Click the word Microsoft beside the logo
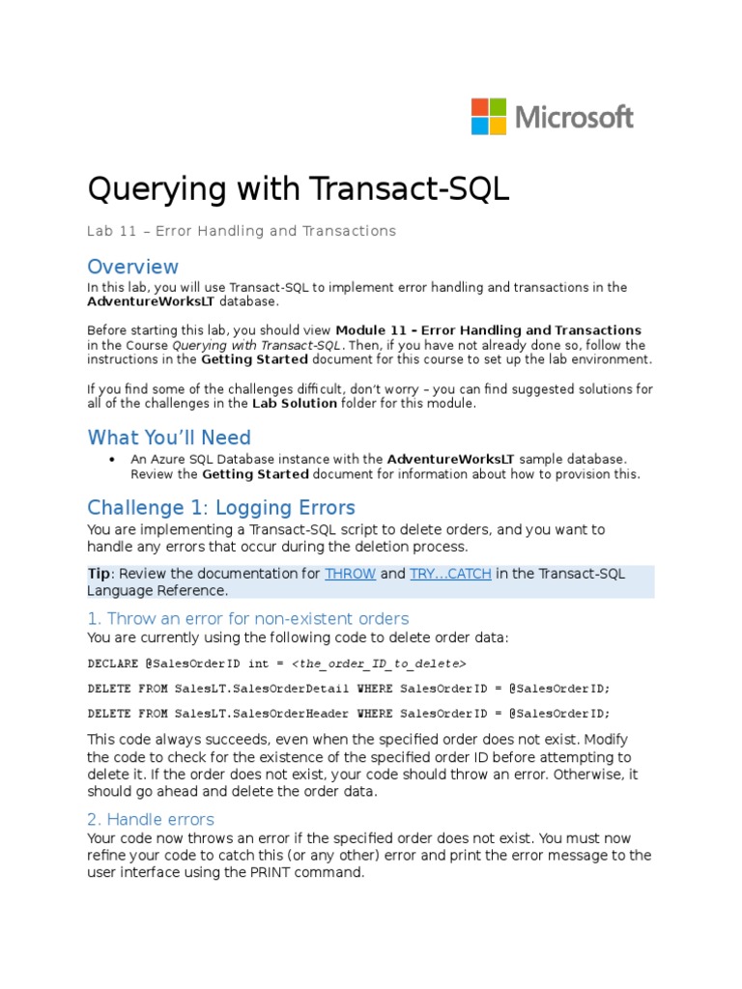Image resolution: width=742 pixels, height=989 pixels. [x=575, y=118]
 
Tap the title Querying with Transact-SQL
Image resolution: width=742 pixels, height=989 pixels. [x=298, y=188]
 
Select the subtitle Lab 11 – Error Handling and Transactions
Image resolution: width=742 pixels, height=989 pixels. [x=242, y=231]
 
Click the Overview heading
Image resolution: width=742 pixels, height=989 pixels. [x=132, y=267]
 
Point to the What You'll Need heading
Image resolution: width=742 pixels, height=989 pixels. [x=169, y=438]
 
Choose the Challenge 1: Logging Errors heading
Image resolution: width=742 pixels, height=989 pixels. [x=221, y=508]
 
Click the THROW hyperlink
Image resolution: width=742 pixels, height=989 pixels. [x=350, y=574]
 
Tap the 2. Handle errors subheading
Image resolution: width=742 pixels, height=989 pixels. [x=151, y=819]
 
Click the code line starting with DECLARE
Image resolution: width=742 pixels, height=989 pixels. [x=276, y=664]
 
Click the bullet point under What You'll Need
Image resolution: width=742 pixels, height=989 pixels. [x=113, y=460]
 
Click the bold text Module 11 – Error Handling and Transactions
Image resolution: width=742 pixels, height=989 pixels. [x=488, y=330]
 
